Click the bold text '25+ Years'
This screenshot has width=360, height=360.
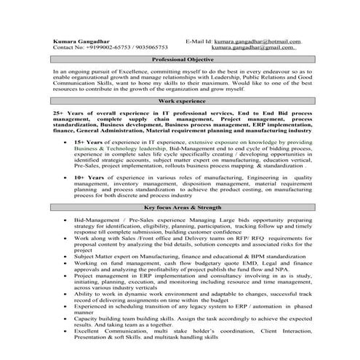pos(69,114)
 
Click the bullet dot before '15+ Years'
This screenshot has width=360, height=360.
pos(67,142)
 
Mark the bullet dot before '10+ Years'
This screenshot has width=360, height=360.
pos(67,177)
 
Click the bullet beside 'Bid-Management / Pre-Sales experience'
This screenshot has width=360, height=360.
pos(67,219)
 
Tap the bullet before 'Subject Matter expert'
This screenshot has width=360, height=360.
pos(67,256)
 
